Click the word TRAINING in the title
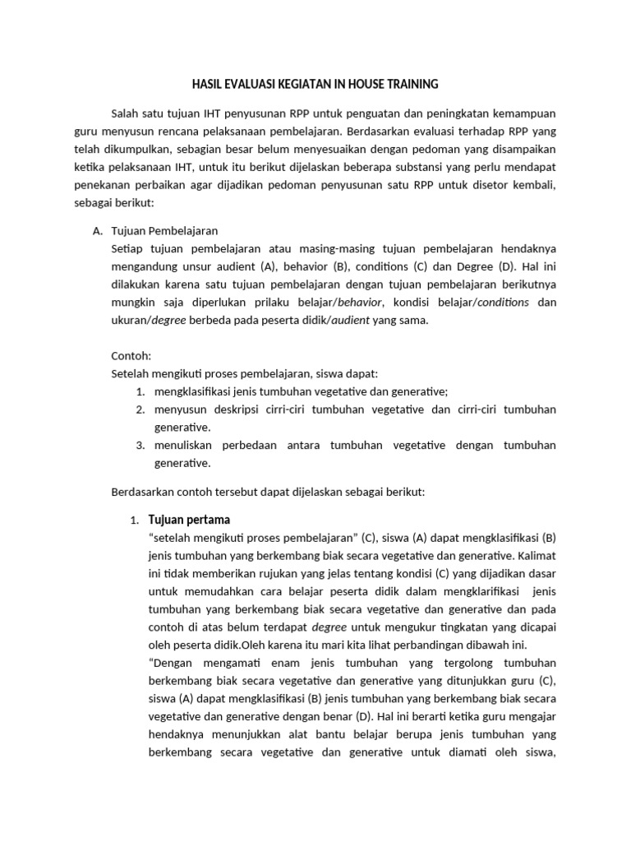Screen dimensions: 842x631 point(411,84)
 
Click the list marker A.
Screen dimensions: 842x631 point(99,231)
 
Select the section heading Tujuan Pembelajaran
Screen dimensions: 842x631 point(164,231)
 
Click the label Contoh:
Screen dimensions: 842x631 point(131,356)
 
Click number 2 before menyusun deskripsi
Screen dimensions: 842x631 point(140,409)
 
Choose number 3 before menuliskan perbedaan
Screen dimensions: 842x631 point(140,445)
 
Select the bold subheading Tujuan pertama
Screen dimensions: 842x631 point(189,520)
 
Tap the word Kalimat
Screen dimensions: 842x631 point(536,555)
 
